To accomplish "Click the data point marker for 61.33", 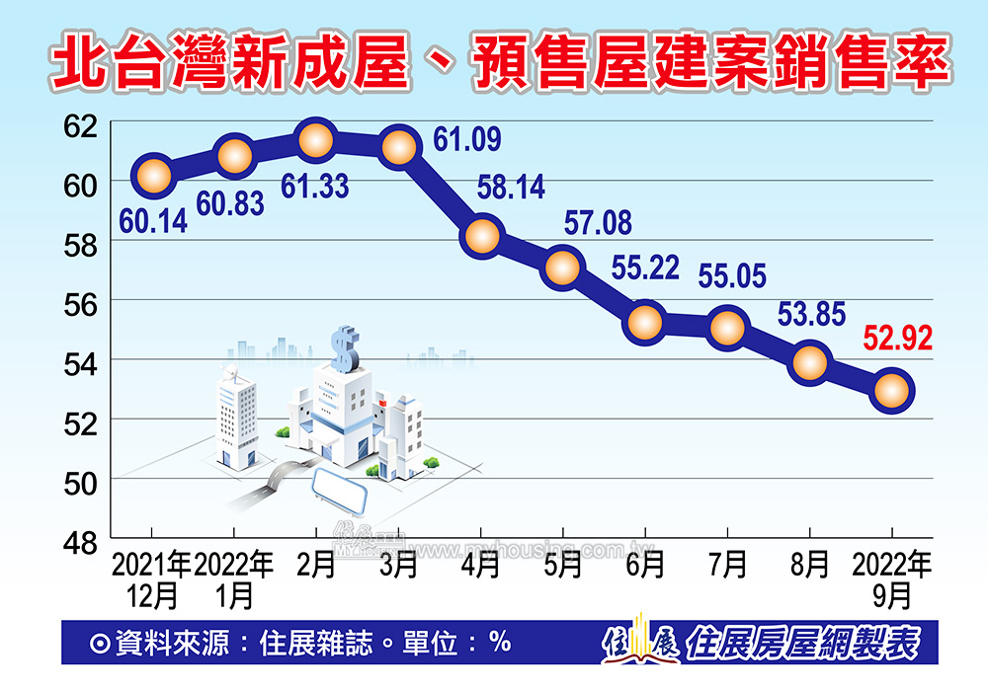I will pos(315,141).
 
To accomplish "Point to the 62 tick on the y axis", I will pos(83,125).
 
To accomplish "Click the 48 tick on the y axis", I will pos(83,539).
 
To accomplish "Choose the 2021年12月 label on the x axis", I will pos(152,579).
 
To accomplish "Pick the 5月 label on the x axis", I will pos(562,565).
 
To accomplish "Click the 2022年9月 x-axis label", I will pos(892,579).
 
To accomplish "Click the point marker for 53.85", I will pos(809,362).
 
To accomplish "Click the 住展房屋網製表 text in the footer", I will pos(804,644).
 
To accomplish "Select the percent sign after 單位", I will pos(499,643).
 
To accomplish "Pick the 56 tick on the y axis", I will pos(83,302).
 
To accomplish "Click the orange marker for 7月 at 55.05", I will pos(727,328).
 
